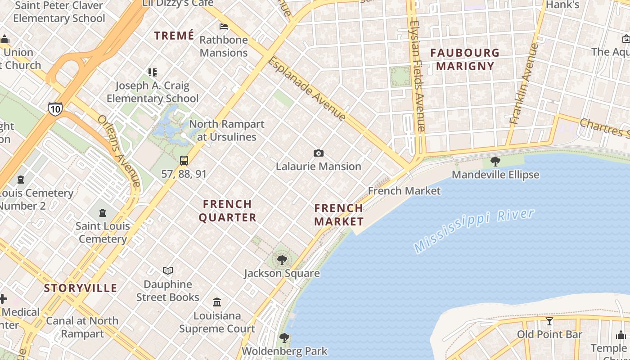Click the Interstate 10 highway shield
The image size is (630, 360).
(55, 109)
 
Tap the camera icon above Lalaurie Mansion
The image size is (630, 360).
(319, 153)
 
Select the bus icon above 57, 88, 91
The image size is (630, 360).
(184, 161)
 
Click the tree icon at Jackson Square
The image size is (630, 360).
(282, 260)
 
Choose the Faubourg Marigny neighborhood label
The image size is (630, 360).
(465, 59)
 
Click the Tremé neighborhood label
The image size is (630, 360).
(174, 36)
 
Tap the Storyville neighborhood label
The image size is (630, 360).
(81, 288)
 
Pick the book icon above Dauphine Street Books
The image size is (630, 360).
(168, 270)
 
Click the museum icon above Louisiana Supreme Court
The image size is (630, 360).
(217, 301)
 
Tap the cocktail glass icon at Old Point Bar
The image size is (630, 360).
(549, 321)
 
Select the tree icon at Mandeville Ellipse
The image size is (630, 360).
(495, 161)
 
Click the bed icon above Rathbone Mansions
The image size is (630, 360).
(223, 27)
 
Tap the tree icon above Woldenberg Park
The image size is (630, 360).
(284, 337)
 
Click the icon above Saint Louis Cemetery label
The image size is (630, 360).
(103, 213)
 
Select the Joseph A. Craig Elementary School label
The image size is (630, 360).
(153, 92)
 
